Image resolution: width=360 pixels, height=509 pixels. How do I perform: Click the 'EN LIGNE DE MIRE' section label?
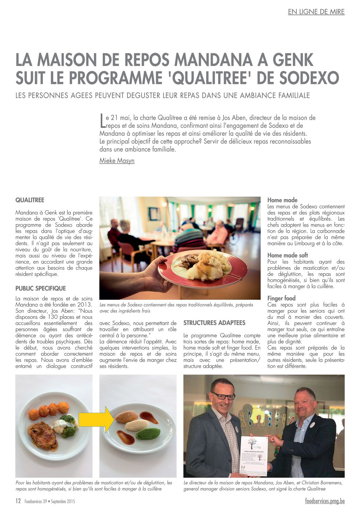pyautogui.click(x=316, y=12)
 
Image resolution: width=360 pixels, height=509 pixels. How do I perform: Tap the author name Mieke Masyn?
pyautogui.click(x=117, y=161)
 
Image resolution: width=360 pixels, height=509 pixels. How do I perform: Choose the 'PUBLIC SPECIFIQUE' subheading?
pyautogui.click(x=40, y=289)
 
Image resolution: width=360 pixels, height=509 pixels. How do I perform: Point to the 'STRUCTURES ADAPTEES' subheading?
pyautogui.click(x=214, y=323)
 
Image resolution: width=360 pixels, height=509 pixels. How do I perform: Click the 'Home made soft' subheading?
pyautogui.click(x=288, y=256)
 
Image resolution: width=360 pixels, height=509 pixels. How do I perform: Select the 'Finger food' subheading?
pyautogui.click(x=281, y=298)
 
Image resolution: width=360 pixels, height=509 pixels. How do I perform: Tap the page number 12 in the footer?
pyautogui.click(x=18, y=501)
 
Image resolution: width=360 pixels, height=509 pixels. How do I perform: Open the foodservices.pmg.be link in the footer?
pyautogui.click(x=325, y=501)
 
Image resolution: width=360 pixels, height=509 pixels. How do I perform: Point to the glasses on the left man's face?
pyautogui.click(x=223, y=396)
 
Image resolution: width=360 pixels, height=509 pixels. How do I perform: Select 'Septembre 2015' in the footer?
pyautogui.click(x=63, y=502)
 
